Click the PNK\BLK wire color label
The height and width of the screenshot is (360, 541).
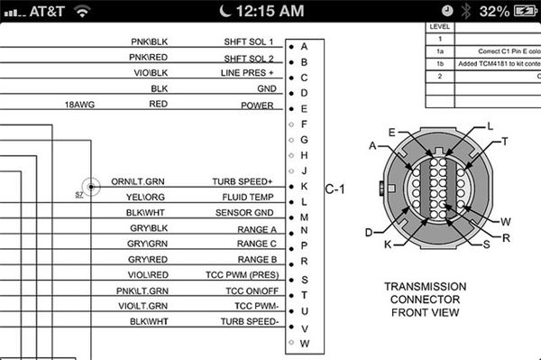[149, 42]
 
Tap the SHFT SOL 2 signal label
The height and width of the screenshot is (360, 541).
[249, 59]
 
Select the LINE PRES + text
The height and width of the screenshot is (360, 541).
[247, 73]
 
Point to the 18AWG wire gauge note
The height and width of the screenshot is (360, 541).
[79, 105]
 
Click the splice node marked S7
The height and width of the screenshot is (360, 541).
[91, 187]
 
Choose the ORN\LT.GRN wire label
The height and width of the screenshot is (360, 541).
[138, 181]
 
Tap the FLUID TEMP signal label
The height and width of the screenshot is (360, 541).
[248, 197]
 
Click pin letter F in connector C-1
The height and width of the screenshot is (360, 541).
[304, 125]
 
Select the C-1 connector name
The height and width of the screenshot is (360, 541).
[335, 189]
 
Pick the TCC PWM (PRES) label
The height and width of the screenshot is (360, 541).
[243, 275]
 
